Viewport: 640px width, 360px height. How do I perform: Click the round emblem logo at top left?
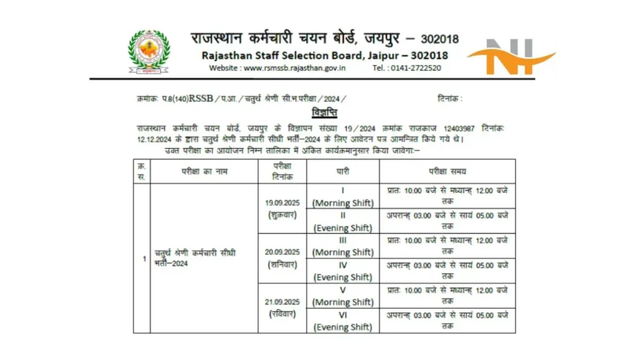click(149, 52)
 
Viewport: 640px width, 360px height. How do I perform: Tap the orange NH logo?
click(511, 57)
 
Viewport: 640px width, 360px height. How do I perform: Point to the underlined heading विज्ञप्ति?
click(324, 113)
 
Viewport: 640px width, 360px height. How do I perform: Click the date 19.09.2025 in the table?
click(282, 202)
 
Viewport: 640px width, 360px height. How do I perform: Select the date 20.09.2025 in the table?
click(282, 252)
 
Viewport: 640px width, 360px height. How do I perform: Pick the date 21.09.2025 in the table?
click(282, 301)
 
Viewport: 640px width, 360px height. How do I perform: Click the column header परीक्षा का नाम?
click(204, 171)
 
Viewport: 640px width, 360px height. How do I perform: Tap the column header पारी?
click(342, 171)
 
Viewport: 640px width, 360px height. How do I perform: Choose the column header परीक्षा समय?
click(447, 171)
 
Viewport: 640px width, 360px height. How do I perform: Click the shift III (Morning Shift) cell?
click(342, 246)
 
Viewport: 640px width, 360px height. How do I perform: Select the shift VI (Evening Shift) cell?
click(342, 321)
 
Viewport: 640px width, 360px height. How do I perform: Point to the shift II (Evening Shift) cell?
click(342, 221)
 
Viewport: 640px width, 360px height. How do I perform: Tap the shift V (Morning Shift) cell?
click(342, 296)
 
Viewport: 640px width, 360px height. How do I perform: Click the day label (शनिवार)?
click(282, 264)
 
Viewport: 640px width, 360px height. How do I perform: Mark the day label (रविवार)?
click(282, 314)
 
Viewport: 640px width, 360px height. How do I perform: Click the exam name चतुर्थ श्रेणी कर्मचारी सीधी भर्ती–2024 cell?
click(195, 257)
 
